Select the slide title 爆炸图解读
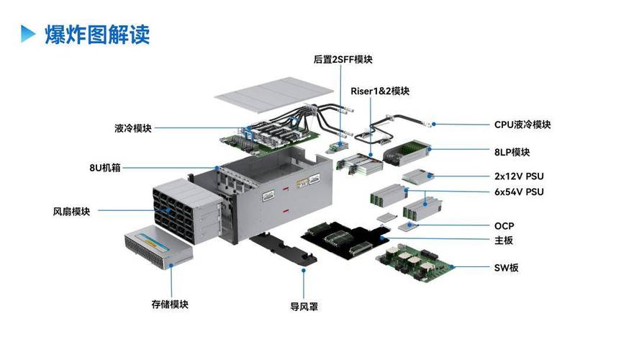tap(97, 35)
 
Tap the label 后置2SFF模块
tap(343, 60)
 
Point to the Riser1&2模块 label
tap(380, 91)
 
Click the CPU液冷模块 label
tap(522, 125)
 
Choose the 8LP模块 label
tap(512, 152)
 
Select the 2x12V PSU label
tap(519, 176)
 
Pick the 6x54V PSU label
tap(519, 192)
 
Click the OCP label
tap(504, 226)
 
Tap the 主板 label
tap(503, 240)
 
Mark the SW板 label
tap(506, 268)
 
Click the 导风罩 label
tap(304, 307)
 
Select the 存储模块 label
tap(170, 305)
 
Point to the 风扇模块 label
tap(71, 212)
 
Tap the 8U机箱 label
tap(105, 168)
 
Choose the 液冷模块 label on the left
tap(133, 128)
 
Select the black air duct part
tap(284, 248)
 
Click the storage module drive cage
tap(158, 247)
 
